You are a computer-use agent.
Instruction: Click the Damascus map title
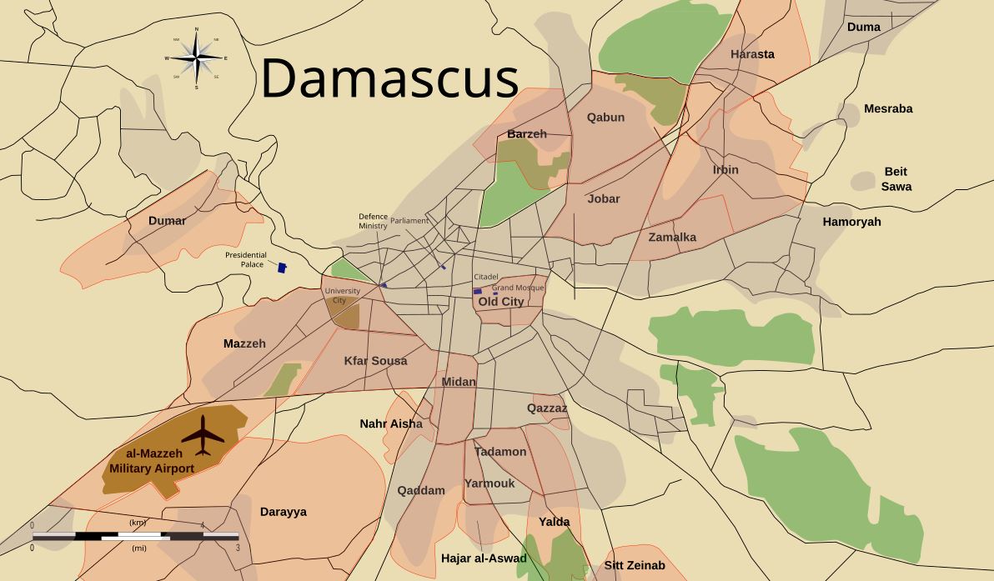coord(390,79)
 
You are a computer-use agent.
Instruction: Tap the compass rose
coord(196,58)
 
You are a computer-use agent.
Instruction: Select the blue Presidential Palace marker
coord(282,268)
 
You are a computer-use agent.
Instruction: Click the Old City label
coord(501,302)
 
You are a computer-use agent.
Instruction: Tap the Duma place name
coord(863,27)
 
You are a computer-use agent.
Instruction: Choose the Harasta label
coord(752,54)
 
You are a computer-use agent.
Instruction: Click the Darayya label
coord(283,512)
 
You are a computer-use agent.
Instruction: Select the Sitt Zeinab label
coord(635,565)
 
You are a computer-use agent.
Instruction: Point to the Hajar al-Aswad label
coord(484,558)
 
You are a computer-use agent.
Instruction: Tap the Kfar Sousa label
coord(375,361)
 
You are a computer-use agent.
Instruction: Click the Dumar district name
coord(167,221)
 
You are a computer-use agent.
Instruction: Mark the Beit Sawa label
coord(896,179)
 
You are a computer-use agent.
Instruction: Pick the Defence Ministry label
coord(373,221)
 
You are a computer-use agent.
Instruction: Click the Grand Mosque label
coord(518,288)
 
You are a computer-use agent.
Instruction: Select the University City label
coord(342,295)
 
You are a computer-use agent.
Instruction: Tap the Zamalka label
coord(672,237)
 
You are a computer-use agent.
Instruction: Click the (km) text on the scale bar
coord(138,523)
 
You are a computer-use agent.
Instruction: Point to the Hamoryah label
coord(851,222)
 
